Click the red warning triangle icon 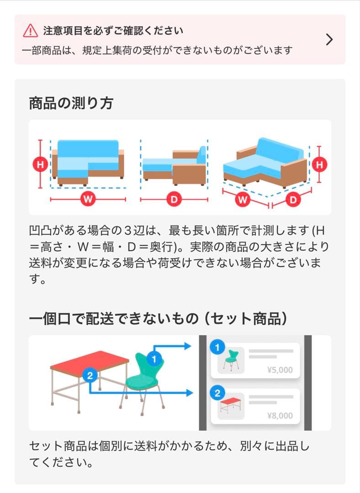tap(31, 31)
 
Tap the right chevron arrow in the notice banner tap(329, 40)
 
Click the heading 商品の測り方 tap(71, 103)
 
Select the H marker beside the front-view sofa tap(40, 164)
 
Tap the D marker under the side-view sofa tap(174, 199)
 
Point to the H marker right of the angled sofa tap(319, 164)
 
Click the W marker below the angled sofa tap(244, 200)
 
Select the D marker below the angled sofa tap(293, 200)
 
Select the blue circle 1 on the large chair tap(154, 359)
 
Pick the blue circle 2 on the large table tap(90, 376)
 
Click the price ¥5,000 tap(280, 370)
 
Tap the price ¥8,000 tap(280, 415)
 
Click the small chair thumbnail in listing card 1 tap(231, 360)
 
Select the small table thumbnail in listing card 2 tap(231, 406)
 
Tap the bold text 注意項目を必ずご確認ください tap(113, 31)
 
